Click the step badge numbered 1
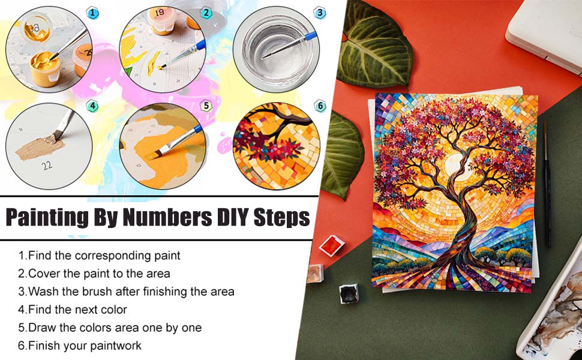[92, 13]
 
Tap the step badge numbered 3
[320, 13]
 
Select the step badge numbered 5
[206, 106]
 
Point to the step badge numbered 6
[320, 106]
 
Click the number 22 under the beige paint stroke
[47, 165]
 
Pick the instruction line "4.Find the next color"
[73, 310]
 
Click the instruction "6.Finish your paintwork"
[80, 346]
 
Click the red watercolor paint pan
[332, 245]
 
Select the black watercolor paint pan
[349, 293]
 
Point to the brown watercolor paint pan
[315, 274]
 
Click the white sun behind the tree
[457, 166]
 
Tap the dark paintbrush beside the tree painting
[547, 184]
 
